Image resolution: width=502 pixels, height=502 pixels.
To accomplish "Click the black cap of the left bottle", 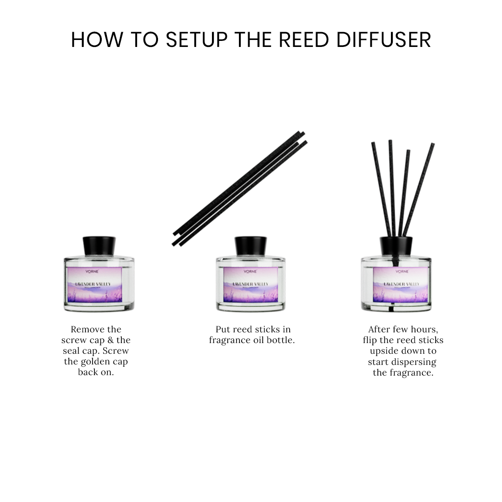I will tap(99, 245).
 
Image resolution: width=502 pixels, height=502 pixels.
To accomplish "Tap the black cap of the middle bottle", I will tap(251, 245).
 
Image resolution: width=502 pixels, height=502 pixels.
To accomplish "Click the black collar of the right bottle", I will tap(396, 246).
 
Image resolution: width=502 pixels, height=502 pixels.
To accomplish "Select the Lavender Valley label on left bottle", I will tap(95, 284).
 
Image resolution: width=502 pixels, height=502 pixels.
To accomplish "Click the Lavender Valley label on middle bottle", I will tap(251, 284).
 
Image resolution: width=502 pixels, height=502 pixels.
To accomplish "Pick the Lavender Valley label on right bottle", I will tap(402, 284).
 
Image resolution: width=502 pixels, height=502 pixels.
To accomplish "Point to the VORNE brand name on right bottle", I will tap(402, 271).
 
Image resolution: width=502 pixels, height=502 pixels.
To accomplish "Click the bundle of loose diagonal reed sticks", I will tap(239, 188).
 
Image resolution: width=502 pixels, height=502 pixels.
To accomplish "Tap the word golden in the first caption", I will tap(83, 362).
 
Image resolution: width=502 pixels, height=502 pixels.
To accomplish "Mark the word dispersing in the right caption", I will tap(413, 362).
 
